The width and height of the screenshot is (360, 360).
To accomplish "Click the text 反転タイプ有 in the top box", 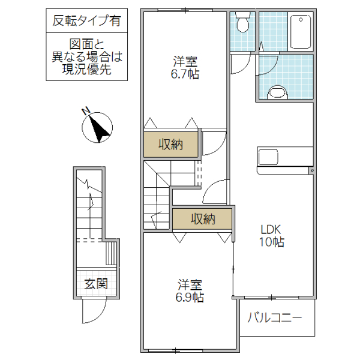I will click(x=86, y=21).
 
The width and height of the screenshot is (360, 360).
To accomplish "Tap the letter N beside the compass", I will click(x=86, y=110).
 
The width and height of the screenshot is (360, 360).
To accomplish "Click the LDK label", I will click(x=271, y=229).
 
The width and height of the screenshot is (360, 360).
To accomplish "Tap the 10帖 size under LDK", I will click(x=271, y=242).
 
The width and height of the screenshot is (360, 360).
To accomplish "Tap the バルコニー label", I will click(x=274, y=317).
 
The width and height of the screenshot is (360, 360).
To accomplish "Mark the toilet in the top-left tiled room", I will click(x=243, y=24).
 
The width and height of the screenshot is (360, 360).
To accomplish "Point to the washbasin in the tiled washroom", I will click(x=277, y=92).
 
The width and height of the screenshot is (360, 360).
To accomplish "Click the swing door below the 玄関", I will click(x=94, y=312).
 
